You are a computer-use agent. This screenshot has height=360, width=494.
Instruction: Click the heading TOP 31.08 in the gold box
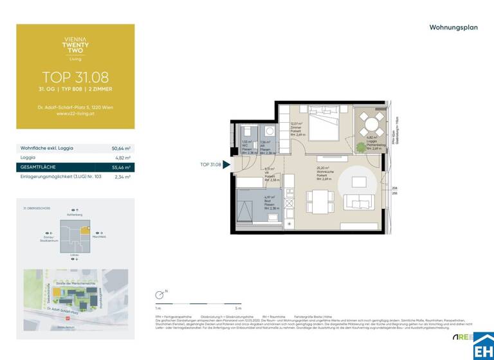pyautogui.click(x=75, y=78)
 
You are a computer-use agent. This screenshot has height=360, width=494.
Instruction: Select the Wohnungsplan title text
pyautogui.click(x=453, y=28)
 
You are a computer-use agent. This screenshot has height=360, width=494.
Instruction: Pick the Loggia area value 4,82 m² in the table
pyautogui.click(x=122, y=157)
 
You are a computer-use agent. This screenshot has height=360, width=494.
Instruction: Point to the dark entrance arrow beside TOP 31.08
pyautogui.click(x=226, y=165)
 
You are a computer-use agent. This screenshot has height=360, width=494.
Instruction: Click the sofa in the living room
pyautogui.click(x=358, y=202)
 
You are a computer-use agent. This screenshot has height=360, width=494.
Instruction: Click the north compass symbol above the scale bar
pyautogui.click(x=160, y=296)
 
